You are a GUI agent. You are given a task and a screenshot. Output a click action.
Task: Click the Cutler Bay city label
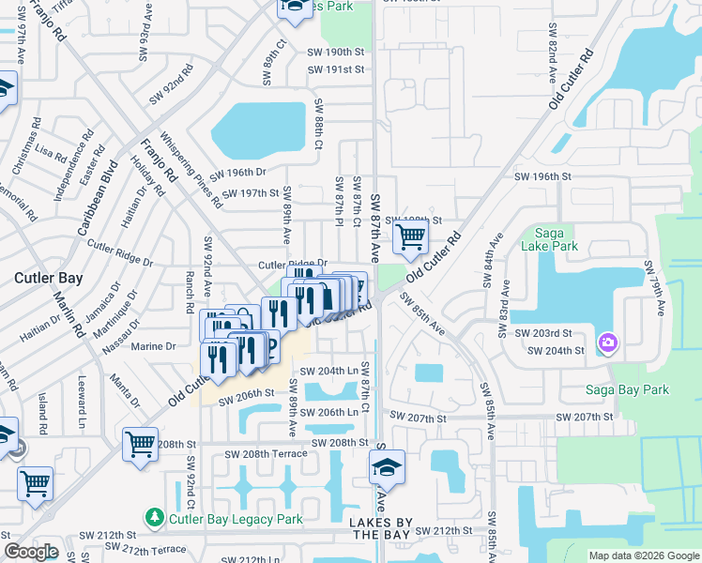pos(48,278)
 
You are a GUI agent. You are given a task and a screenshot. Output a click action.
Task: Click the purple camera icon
pos(607,342)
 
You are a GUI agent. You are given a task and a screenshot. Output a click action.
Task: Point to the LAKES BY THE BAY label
pos(378,528)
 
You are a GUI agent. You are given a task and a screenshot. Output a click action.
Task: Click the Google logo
pos(32,552)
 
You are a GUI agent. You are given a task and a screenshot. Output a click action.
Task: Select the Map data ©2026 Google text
pos(644,555)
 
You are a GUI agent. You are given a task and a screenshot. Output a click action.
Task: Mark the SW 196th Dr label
pos(237,173)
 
